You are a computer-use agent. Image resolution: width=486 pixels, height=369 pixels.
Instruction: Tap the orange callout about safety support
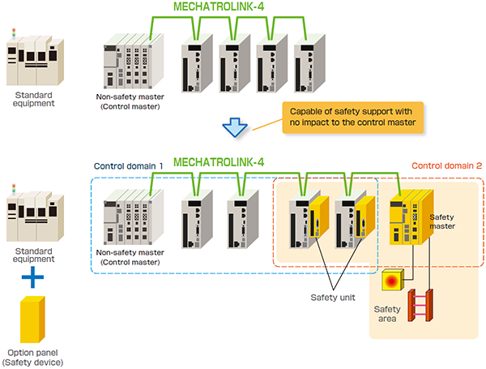point(352,118)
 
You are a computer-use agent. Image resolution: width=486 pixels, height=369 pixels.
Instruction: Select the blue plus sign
point(32,277)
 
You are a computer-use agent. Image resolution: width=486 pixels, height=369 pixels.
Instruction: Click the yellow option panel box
point(32,320)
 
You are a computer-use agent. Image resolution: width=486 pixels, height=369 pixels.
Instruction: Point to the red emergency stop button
point(392,280)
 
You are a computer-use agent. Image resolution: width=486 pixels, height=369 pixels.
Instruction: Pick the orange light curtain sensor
point(420,305)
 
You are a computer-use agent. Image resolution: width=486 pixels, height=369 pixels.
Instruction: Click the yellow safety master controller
point(411,217)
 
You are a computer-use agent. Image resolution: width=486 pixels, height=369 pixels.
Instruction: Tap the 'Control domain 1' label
point(128,166)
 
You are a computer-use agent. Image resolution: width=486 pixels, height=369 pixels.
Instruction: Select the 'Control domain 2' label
point(446,165)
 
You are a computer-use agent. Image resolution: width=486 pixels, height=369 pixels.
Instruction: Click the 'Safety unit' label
point(333,298)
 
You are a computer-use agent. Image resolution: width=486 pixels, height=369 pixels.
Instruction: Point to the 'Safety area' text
point(387,314)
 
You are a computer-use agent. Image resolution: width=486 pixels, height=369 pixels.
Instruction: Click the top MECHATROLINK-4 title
point(219,6)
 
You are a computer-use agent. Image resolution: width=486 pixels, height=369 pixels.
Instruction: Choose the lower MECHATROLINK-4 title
point(219,162)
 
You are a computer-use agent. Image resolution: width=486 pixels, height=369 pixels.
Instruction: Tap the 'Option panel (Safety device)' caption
point(32,358)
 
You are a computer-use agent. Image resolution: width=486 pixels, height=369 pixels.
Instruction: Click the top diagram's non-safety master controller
point(134,61)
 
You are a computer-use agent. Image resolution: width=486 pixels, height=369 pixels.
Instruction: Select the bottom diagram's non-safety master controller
point(134,217)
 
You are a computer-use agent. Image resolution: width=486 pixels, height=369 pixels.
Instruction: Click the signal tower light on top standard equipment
point(14,33)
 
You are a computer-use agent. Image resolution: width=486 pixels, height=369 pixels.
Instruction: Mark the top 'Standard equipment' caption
point(33,99)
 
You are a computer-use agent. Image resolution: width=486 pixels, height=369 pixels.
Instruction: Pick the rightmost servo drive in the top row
point(309,63)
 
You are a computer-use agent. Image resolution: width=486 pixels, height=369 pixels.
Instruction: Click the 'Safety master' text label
point(442,221)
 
